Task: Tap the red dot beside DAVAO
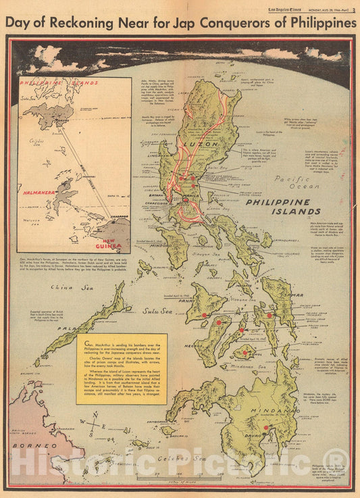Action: click(x=266, y=427)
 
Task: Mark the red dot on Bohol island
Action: click(x=245, y=352)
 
